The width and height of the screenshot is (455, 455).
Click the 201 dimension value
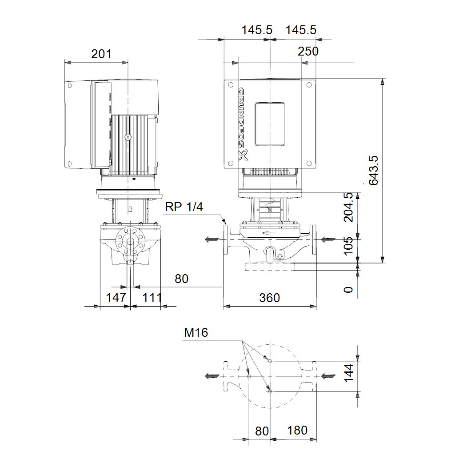point(101,54)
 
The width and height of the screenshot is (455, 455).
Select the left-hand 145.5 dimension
point(257,30)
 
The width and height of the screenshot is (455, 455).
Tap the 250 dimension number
point(308,52)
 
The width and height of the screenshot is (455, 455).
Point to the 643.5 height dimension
point(373,170)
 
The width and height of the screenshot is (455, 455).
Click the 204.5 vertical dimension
point(349,207)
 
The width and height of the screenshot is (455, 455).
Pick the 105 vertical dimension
point(349,246)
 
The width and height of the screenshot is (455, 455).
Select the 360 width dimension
point(270,298)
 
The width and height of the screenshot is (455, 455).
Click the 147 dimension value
point(116,297)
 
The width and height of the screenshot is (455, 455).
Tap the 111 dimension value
point(152,297)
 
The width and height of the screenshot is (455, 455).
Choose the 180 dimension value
point(297,431)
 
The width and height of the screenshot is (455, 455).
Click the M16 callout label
point(196,332)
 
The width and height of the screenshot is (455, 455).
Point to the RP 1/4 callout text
point(184,207)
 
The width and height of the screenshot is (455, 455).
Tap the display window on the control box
point(270,124)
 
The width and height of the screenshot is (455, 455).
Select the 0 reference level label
point(349,290)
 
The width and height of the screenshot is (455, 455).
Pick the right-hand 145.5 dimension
point(301,30)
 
